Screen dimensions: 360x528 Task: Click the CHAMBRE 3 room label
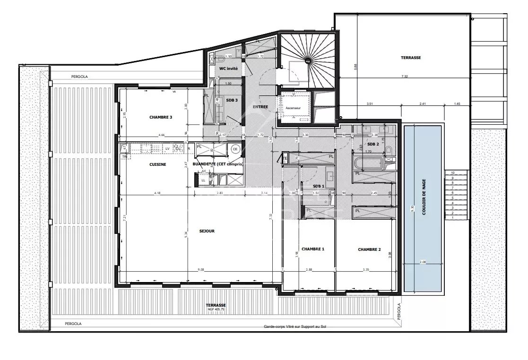[160, 117]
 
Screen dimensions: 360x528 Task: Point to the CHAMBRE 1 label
[312, 249]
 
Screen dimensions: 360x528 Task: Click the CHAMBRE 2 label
[369, 249]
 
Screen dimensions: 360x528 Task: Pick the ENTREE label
[260, 107]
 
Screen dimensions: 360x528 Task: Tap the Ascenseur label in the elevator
[293, 108]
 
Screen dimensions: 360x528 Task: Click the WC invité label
[229, 69]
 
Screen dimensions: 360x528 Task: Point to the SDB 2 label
[373, 144]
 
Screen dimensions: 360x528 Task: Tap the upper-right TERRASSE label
[410, 58]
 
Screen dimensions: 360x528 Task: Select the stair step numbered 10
[452, 173]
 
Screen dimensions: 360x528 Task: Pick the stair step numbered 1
[452, 218]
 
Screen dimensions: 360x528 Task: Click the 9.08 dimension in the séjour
[200, 270]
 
